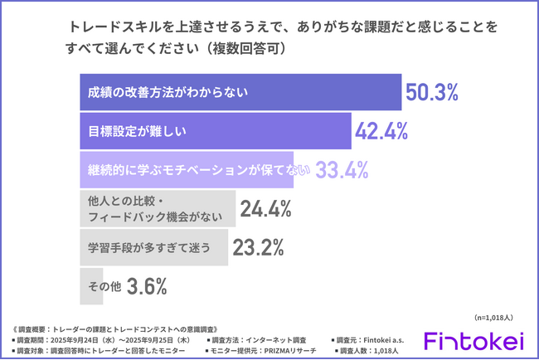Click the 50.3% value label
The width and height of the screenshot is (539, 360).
431,93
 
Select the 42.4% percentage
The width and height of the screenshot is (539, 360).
381,131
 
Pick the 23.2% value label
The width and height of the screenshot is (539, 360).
258,247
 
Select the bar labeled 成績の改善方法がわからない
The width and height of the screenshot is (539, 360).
240,93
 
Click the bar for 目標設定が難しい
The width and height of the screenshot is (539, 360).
216,131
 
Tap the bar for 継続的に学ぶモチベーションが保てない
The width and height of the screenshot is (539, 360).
195,170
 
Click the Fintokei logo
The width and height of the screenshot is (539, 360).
473,341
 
